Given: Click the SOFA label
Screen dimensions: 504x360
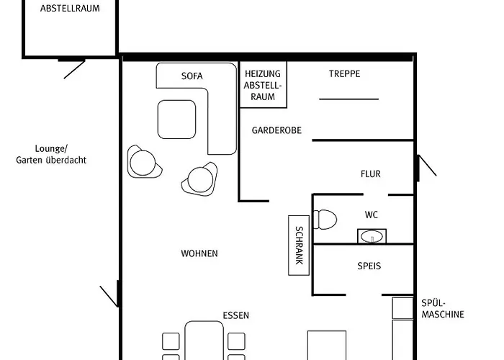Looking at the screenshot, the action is coord(192,76).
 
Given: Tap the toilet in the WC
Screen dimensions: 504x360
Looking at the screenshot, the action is coord(325,219).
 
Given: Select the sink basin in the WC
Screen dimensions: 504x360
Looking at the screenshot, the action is coord(372,237).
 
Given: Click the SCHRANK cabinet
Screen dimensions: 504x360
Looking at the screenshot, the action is coord(299,246).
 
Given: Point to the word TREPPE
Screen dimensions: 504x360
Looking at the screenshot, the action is coord(345,74).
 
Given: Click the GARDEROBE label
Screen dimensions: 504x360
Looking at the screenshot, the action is coord(276,130).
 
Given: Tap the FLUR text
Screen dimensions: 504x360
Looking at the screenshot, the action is coord(371,174).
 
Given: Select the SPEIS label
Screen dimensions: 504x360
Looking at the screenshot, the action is coord(369,266).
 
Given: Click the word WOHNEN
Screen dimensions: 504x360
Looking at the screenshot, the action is coord(199,253).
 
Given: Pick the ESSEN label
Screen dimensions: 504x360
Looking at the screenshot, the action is coord(236,315).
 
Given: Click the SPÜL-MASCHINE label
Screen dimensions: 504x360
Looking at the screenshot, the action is coord(443,309).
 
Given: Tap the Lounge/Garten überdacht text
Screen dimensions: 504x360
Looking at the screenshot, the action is coord(51,155).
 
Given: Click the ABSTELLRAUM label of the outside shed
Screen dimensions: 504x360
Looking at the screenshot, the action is coord(70,9).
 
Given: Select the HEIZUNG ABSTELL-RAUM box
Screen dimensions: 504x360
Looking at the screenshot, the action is coord(264,84).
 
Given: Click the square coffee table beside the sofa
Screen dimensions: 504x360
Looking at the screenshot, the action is coord(177,120).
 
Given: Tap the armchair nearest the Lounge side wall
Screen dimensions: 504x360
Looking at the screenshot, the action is coord(144,162).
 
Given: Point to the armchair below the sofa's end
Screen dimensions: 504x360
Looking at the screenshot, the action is coord(200,179).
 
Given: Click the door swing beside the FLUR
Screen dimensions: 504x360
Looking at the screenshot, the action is coord(427,166).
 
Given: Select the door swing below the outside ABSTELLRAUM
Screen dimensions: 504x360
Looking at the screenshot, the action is coord(74,69).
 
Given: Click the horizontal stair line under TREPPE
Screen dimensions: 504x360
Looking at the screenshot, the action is coord(348,99).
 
